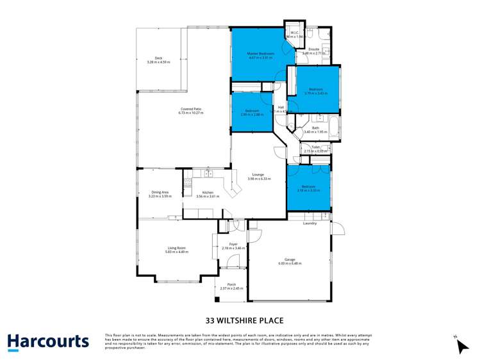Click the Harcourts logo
coord(48,341)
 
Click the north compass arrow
coord(461,346)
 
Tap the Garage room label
coord(290,259)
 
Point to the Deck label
coord(158,58)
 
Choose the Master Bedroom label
coord(261,53)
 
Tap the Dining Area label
coord(160,192)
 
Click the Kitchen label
coord(207,192)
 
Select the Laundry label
coord(310,223)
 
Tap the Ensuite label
coord(314,49)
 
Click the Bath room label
coord(315,127)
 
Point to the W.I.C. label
coord(294,33)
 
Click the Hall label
coord(281,107)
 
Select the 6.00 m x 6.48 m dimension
coord(290,263)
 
